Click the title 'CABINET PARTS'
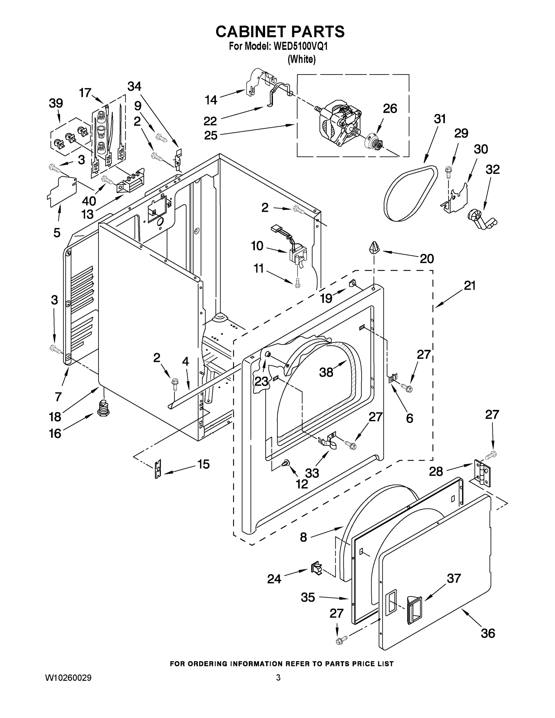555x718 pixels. click(x=280, y=31)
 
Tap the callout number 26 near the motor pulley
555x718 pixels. click(x=390, y=109)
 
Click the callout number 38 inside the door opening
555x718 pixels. click(x=326, y=372)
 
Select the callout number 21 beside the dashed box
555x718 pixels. click(x=469, y=285)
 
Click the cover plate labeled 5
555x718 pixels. click(x=62, y=192)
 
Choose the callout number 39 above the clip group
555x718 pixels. click(x=56, y=103)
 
